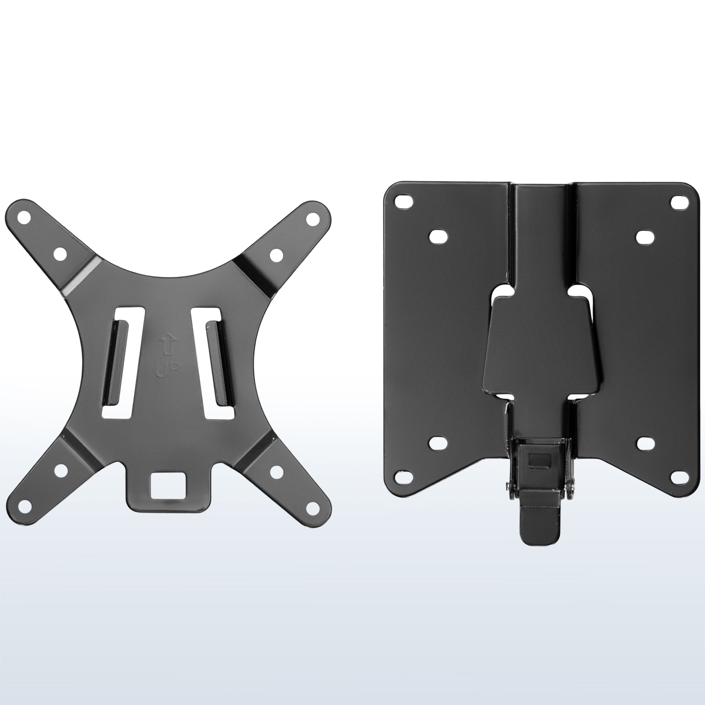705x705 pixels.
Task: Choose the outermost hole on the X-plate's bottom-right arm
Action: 312,507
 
